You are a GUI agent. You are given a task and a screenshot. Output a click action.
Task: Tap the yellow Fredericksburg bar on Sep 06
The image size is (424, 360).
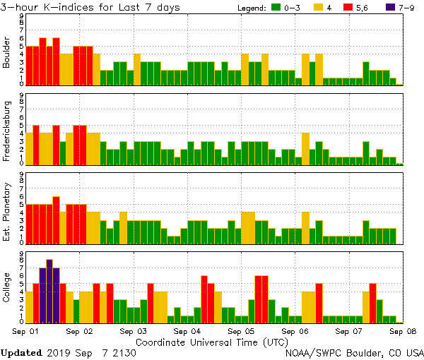click(x=305, y=148)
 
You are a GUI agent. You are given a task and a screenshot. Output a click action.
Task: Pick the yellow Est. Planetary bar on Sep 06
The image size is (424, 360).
click(x=305, y=227)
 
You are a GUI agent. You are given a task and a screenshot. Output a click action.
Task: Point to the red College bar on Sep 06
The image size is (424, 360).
click(x=319, y=302)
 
